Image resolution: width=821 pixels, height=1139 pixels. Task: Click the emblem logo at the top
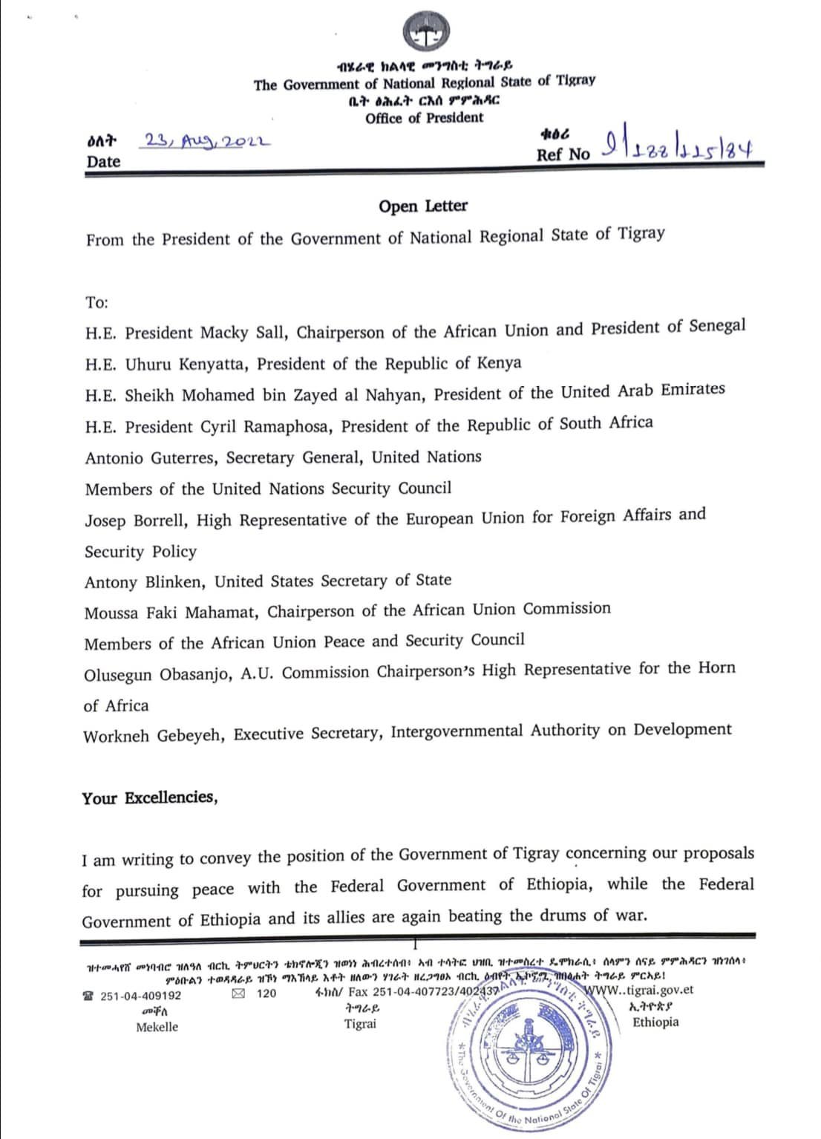[x=427, y=33]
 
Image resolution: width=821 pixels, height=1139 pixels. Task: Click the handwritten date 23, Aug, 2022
[x=208, y=141]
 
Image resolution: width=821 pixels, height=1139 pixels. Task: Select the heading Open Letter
[x=423, y=206]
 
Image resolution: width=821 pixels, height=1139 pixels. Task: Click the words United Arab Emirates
[x=643, y=391]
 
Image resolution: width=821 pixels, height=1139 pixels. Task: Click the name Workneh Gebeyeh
[x=153, y=736]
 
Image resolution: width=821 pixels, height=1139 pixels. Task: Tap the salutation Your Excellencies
[x=150, y=798]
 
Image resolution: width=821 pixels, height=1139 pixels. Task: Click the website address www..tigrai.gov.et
[x=640, y=990]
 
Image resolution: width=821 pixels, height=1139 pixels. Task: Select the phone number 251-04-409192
[x=140, y=996]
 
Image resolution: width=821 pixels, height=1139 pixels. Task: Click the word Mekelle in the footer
[x=157, y=1027]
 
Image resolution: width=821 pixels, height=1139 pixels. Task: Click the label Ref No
[x=563, y=154]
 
